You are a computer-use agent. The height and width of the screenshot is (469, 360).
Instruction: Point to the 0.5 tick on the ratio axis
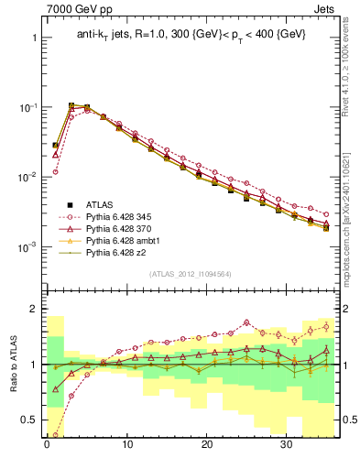(29, 420)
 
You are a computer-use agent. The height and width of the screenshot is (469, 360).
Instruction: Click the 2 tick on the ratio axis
(33, 309)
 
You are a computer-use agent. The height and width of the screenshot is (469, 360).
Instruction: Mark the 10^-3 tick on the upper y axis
(27, 246)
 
